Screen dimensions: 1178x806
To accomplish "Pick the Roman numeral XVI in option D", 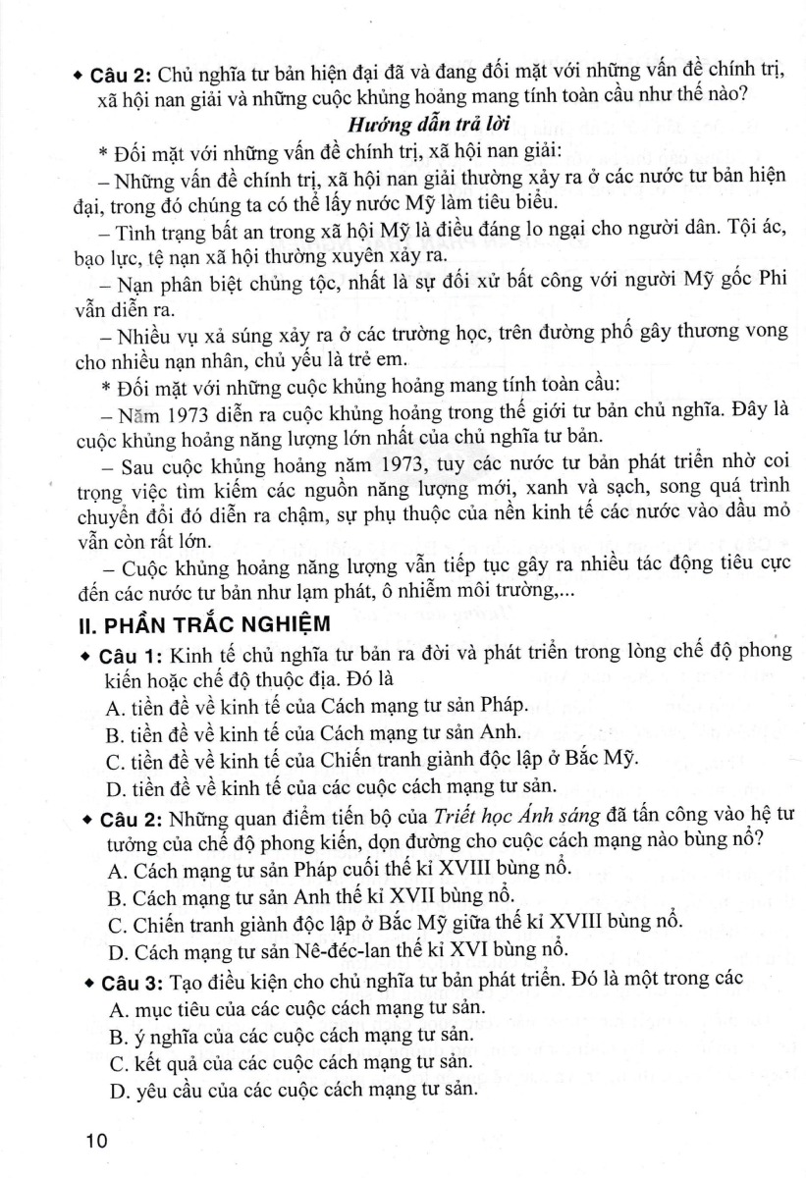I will pos(460,949).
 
